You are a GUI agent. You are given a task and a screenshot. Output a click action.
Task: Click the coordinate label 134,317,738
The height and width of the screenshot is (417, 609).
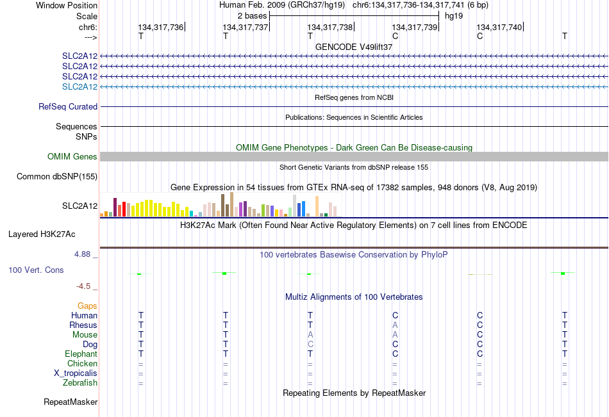coord(330,27)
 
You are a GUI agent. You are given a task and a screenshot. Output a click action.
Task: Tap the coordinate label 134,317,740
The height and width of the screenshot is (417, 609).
coord(499,27)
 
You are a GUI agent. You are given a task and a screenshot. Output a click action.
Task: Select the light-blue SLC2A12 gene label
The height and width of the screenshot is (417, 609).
coord(79,86)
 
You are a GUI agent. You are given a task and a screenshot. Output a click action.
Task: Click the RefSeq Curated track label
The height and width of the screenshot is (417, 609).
coord(68,106)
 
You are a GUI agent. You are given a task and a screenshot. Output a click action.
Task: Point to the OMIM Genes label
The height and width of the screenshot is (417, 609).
coord(72,156)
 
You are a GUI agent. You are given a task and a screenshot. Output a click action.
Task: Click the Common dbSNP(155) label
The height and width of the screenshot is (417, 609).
coord(57,176)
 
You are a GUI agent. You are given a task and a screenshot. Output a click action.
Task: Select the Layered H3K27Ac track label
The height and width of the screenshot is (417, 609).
coord(42,234)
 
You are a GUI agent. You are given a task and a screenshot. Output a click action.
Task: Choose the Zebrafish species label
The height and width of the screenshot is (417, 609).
coord(80,382)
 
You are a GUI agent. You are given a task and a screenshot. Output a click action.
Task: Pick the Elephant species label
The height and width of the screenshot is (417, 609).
coord(81,354)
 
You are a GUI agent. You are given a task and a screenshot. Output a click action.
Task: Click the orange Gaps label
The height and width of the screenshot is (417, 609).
coord(87,306)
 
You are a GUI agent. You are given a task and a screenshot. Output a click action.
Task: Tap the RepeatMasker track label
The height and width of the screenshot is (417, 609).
coord(71,402)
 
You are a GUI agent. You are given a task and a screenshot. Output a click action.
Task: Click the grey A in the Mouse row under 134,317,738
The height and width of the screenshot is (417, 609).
coord(310,334)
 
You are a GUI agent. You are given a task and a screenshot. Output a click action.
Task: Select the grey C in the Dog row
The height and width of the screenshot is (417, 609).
coord(310,345)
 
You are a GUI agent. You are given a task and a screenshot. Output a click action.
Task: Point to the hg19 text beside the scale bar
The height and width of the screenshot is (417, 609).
coord(454,16)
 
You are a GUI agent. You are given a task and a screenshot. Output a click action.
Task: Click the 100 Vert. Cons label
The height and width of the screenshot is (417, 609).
coord(36,270)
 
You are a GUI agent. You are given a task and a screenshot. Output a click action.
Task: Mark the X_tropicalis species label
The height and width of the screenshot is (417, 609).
coord(76,373)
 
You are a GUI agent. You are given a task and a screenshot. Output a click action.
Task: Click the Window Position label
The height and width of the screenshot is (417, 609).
coord(67,5)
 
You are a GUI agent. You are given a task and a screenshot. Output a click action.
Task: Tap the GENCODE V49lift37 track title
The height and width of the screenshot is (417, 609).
coord(354,47)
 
